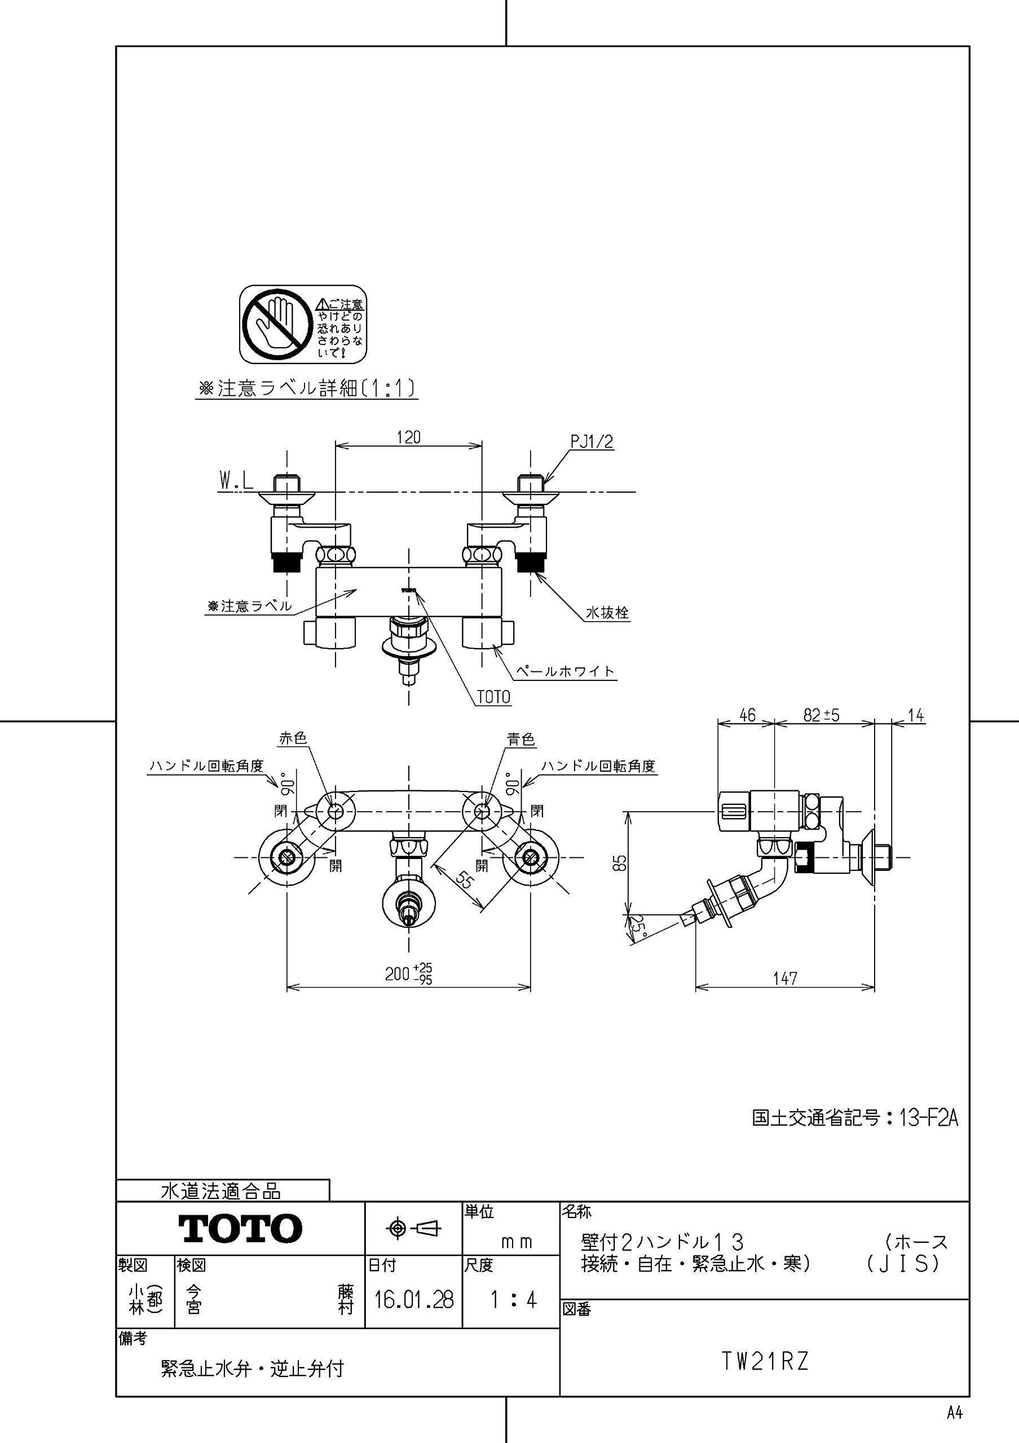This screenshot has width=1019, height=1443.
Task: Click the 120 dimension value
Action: pos(409,437)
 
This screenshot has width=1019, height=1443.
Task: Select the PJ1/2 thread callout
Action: pos(592,442)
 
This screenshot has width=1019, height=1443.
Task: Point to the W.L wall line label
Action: pos(236,481)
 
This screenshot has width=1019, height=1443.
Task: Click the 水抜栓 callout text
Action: pos(607,613)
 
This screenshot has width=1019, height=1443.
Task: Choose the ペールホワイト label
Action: pos(564,671)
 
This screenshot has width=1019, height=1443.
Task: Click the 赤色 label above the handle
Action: pos(292,738)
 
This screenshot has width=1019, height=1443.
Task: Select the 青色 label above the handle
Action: pos(521,739)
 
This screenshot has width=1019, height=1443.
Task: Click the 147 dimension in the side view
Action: pos(785,978)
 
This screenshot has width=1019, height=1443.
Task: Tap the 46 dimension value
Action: pos(747,715)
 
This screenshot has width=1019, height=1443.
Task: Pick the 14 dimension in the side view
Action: pos(916,715)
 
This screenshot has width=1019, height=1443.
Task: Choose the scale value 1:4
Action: pos(513,1300)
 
